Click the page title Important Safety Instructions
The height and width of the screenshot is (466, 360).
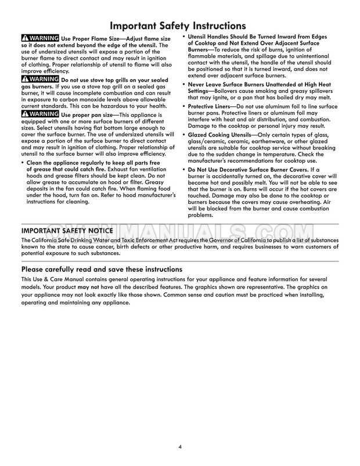(180, 26)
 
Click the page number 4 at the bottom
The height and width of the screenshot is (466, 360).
(180, 447)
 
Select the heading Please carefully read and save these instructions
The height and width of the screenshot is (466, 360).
(102, 270)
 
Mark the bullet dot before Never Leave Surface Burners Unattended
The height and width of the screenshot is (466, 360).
(184, 85)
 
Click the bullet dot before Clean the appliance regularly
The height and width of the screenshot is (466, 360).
(23, 163)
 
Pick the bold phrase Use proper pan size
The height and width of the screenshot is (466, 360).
(88, 113)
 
